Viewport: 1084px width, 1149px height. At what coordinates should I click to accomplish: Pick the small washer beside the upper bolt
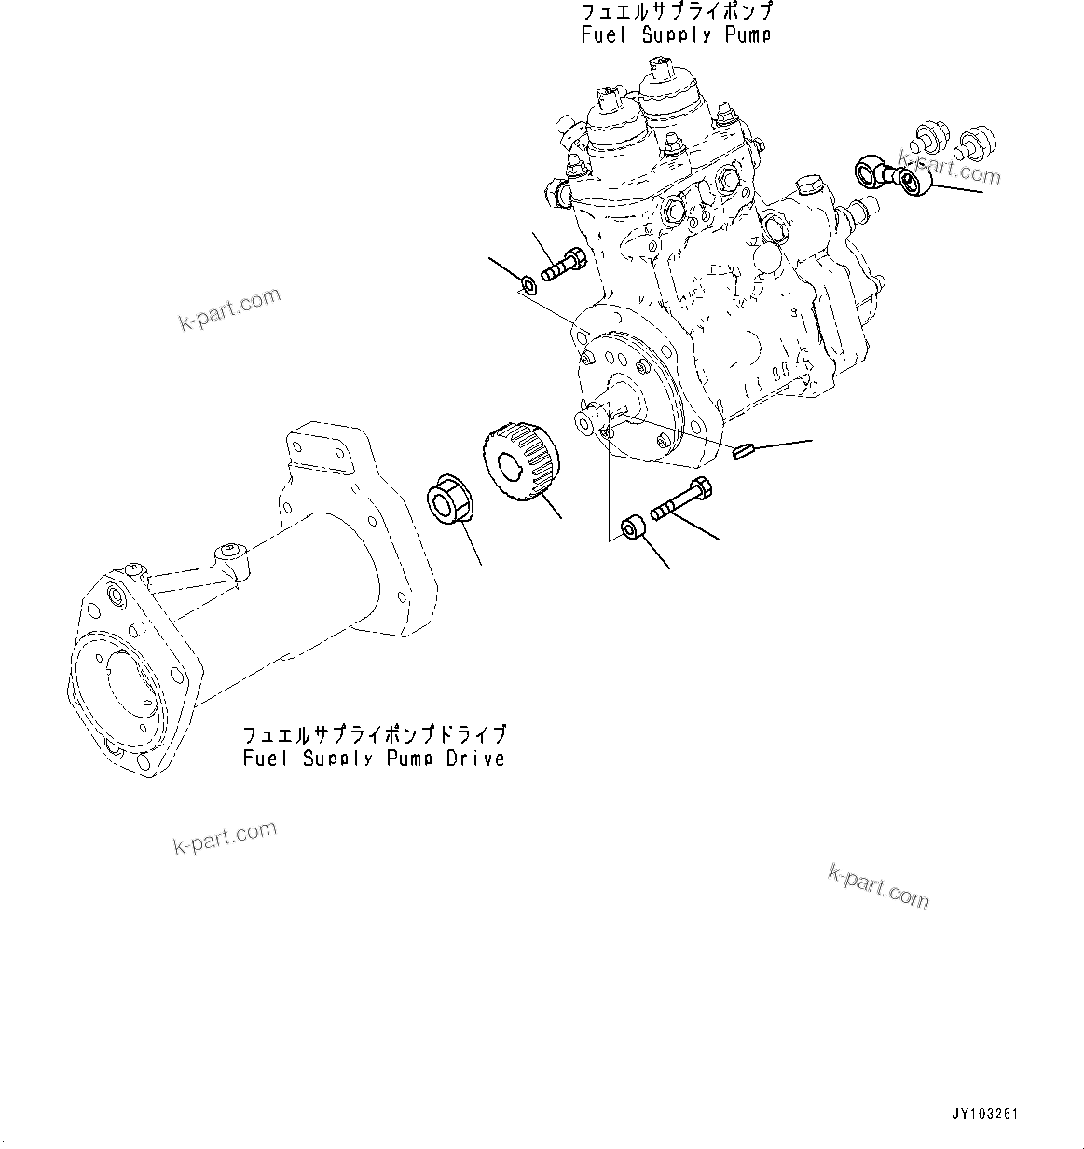[528, 282]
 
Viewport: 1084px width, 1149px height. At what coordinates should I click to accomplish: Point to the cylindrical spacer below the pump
[632, 528]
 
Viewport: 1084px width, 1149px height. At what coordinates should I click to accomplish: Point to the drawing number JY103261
[984, 1114]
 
